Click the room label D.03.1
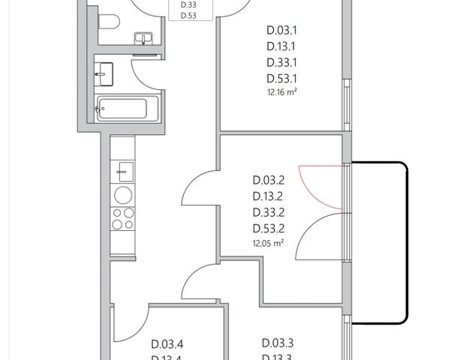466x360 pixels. click(x=283, y=31)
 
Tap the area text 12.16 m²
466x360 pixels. click(x=282, y=92)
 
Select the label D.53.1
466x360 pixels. click(x=283, y=78)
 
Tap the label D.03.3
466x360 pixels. click(x=278, y=343)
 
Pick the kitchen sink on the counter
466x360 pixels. click(x=123, y=170)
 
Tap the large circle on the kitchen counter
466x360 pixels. click(x=122, y=195)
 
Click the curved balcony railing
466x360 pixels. click(x=405, y=240)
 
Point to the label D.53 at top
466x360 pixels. click(x=189, y=15)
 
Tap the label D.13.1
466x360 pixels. click(x=283, y=47)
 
